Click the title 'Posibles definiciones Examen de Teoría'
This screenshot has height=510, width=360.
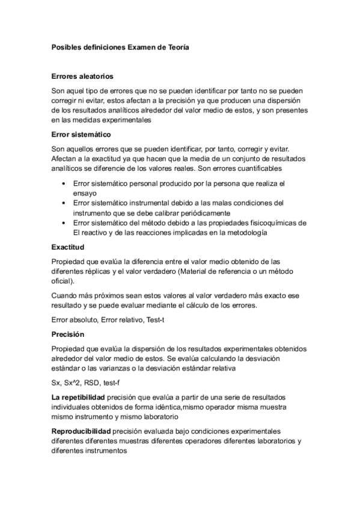click(120, 48)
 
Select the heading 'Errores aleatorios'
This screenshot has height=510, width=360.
click(82, 77)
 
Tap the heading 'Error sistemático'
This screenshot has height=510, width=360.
click(81, 134)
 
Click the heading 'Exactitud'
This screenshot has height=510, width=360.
click(68, 247)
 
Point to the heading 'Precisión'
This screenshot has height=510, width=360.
click(68, 334)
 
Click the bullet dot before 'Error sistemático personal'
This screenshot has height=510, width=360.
click(63, 182)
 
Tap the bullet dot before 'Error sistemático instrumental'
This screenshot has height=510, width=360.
click(63, 203)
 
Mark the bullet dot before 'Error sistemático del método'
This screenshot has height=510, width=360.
click(63, 223)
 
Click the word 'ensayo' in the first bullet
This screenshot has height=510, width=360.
click(85, 192)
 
